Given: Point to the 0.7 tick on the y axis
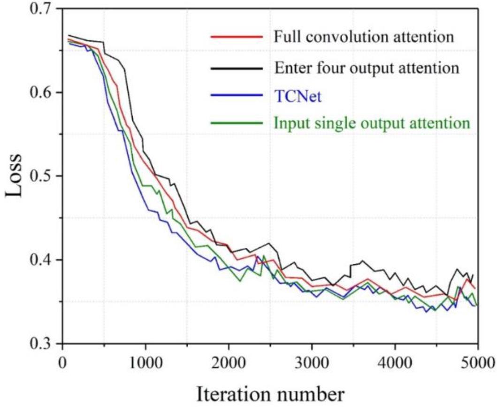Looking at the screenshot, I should pyautogui.click(x=44, y=9).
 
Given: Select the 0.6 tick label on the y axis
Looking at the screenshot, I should pyautogui.click(x=44, y=92).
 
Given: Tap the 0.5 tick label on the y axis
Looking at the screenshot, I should pyautogui.click(x=44, y=176).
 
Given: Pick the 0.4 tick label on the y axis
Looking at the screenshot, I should pyautogui.click(x=44, y=260).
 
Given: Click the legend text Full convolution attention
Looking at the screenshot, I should pyautogui.click(x=364, y=37).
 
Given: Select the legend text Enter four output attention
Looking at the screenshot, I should pyautogui.click(x=366, y=68).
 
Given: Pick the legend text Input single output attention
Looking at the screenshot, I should pyautogui.click(x=372, y=123).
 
